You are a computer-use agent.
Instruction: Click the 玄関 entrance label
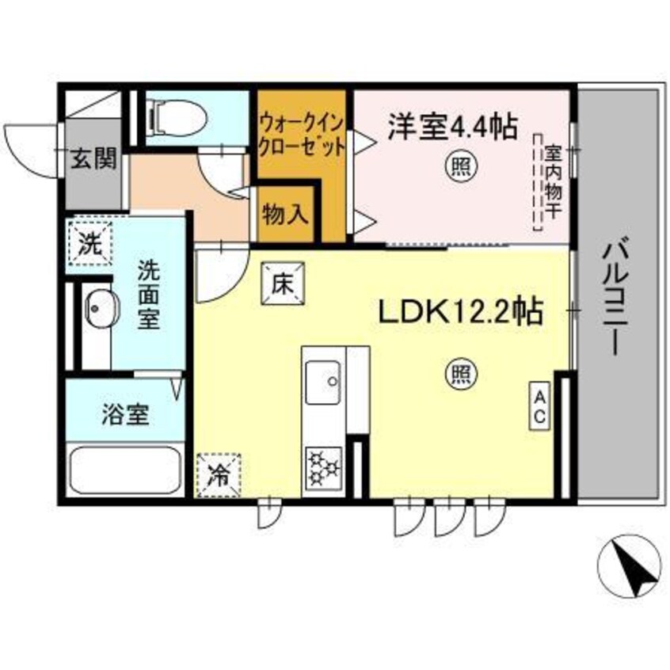click(93, 159)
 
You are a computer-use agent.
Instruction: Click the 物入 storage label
click(285, 214)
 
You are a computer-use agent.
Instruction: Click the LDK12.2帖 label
click(459, 312)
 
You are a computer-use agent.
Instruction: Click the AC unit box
click(540, 406)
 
